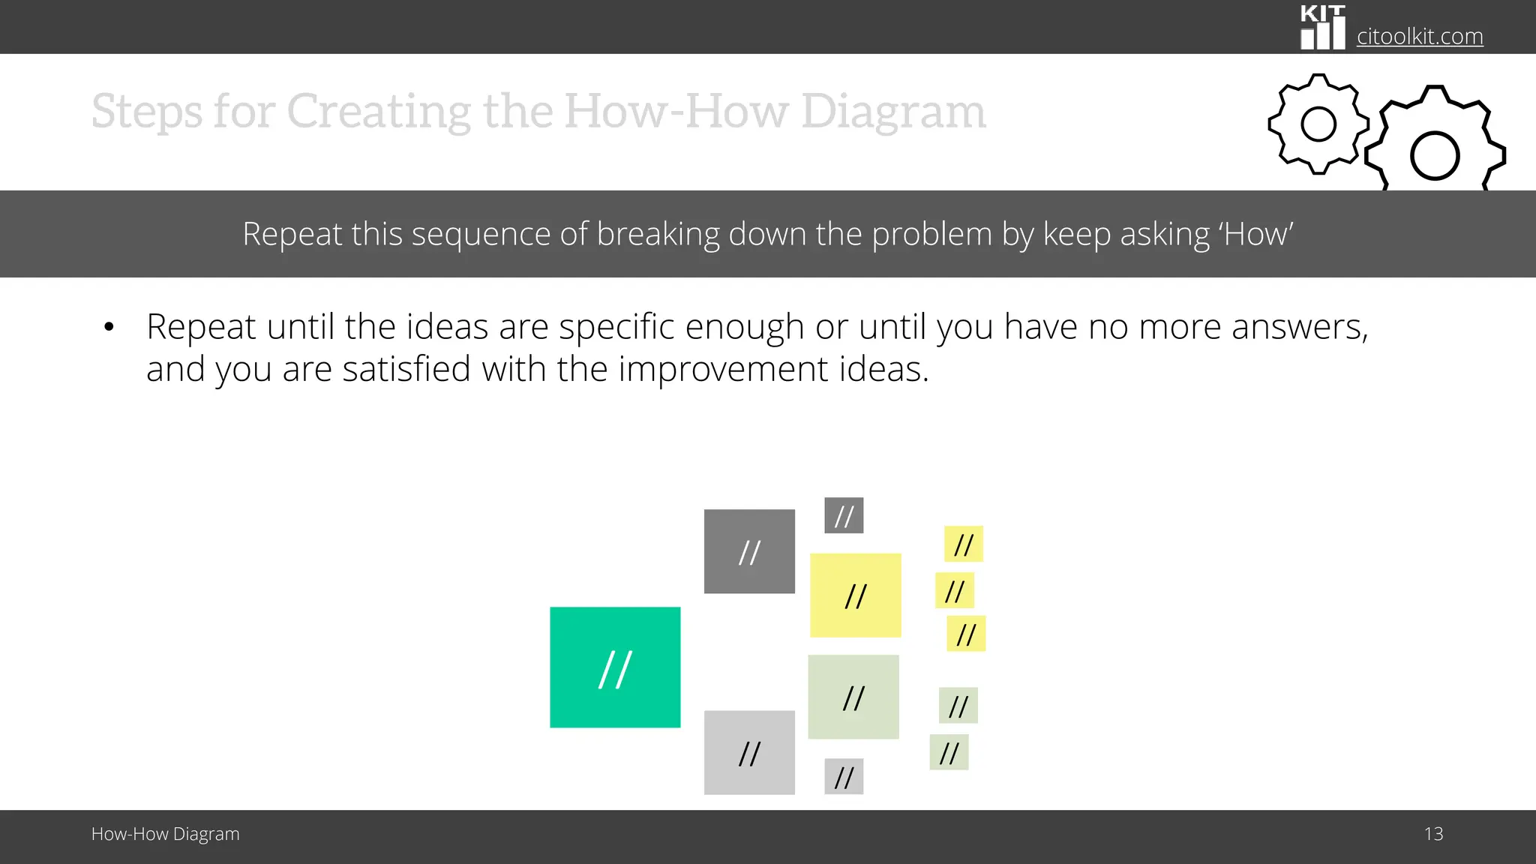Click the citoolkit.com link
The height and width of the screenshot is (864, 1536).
(1419, 36)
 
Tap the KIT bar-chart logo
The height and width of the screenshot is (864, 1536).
(1322, 28)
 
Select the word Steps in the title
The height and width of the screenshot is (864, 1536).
(146, 111)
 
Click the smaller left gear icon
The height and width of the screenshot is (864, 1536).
(1318, 124)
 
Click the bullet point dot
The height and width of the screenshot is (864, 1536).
(109, 327)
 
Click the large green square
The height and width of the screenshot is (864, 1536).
(615, 667)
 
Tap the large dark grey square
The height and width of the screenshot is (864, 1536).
(749, 551)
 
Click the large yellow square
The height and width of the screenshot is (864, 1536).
(855, 595)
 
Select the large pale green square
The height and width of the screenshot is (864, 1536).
(853, 697)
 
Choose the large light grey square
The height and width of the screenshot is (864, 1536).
(749, 752)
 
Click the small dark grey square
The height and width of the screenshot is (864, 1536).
(844, 515)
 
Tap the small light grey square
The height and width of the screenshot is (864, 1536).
(844, 776)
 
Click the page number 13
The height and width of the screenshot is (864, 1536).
(1433, 834)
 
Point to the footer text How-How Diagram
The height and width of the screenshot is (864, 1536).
(165, 834)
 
